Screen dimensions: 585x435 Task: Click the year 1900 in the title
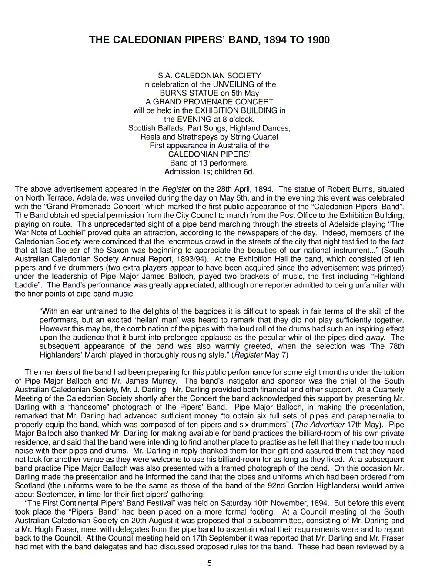pyautogui.click(x=318, y=40)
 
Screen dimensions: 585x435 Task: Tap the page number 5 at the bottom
pyautogui.click(x=209, y=563)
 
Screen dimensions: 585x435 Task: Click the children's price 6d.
pyautogui.click(x=248, y=172)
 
